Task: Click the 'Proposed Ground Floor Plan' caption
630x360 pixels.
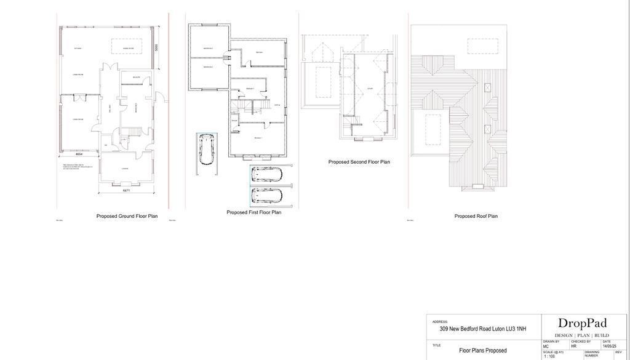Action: [x=127, y=216]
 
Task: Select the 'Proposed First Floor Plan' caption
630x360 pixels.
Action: [x=253, y=212]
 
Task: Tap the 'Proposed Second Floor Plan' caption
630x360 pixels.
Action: [x=359, y=162]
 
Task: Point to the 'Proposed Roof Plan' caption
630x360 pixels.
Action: [x=476, y=216]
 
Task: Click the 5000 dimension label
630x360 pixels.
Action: [x=157, y=47]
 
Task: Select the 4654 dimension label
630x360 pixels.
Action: [x=79, y=154]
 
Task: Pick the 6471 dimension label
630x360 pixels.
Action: [x=126, y=190]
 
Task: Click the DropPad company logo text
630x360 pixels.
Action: [x=582, y=323]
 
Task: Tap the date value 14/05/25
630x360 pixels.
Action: [x=609, y=346]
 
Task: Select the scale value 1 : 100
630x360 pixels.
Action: [x=549, y=356]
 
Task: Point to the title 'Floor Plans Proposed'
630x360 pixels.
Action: [x=483, y=350]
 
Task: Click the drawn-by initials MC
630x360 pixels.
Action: [x=546, y=346]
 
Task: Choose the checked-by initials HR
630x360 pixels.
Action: [x=574, y=346]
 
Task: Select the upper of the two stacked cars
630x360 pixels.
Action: [x=266, y=174]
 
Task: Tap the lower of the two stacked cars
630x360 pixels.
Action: [x=266, y=196]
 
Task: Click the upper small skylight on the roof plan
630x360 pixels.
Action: [x=488, y=87]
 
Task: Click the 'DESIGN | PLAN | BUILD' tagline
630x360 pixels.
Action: [x=582, y=335]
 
